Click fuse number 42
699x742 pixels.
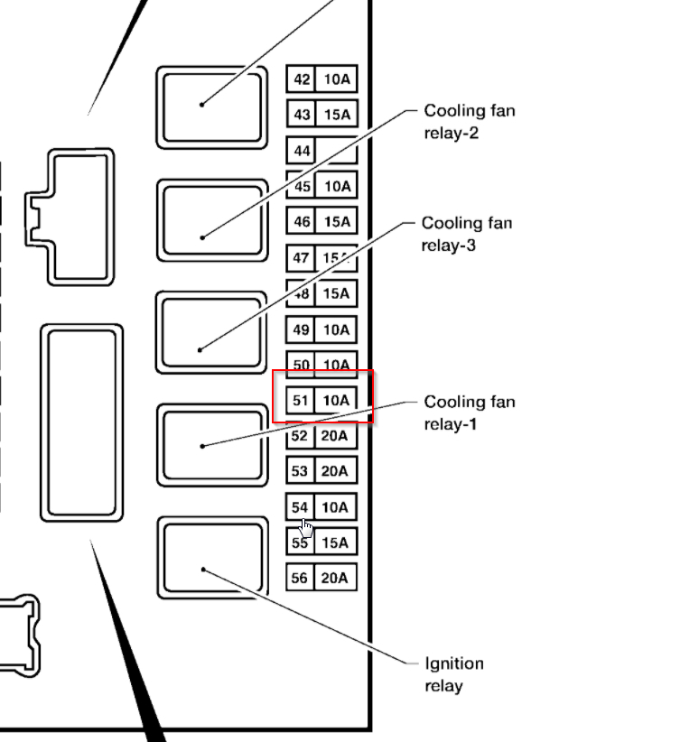pos(302,79)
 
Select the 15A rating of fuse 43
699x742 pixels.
pos(336,115)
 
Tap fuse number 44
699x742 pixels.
pos(302,151)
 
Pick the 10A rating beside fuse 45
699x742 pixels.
pos(336,187)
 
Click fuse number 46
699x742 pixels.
pos(302,222)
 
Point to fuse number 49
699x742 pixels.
pos(302,329)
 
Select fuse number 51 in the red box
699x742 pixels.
pos(301,400)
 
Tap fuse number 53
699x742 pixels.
pos(301,471)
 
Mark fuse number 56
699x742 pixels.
pos(301,578)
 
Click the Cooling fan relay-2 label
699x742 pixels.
pos(469,122)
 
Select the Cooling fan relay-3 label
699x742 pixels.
pos(467,234)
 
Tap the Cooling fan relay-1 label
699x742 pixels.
pos(469,413)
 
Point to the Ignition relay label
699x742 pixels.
pos(453,674)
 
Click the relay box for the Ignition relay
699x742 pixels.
pos(213,558)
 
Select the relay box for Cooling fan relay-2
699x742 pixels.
pos(213,220)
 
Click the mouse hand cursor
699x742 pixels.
pos(307,528)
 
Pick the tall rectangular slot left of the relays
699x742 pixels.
pos(81,423)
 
